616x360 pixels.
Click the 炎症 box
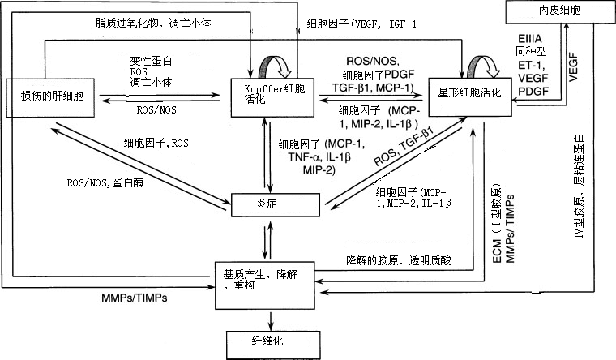[267, 204]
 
